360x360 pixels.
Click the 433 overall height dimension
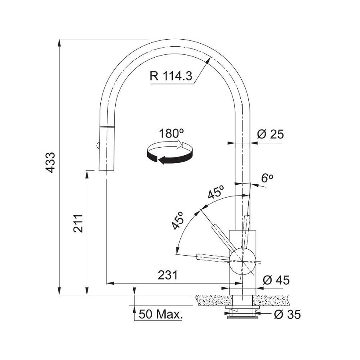50,162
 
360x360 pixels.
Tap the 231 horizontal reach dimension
168,275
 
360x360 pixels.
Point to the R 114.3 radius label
171,76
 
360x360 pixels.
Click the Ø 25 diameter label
270,134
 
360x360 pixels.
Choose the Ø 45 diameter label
276,280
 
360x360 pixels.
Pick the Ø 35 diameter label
287,314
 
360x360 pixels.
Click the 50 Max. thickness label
161,314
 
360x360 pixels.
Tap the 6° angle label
267,178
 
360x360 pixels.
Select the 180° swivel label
171,133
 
